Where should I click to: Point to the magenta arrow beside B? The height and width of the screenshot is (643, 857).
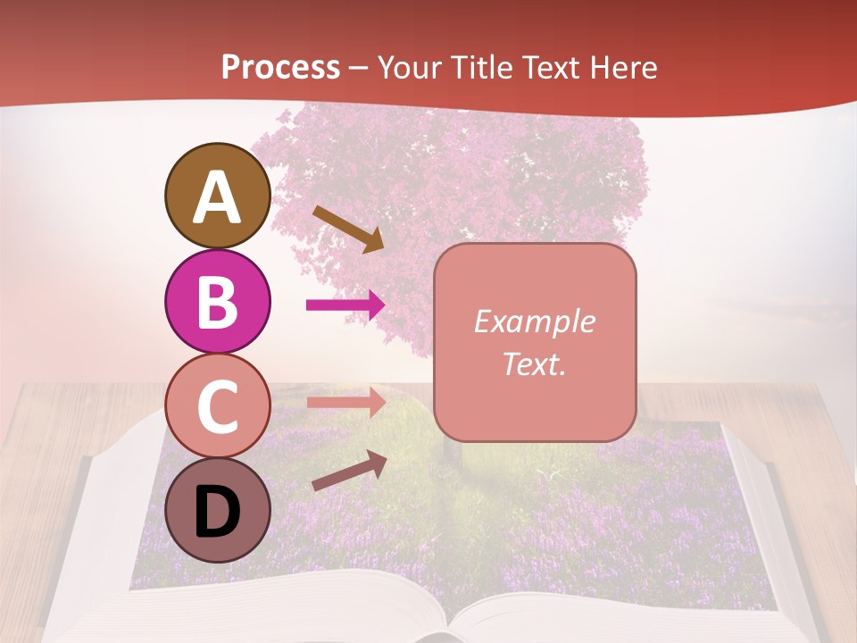(345, 305)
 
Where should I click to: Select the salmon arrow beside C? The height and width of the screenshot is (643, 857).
(345, 402)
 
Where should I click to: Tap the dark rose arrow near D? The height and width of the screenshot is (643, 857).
(349, 471)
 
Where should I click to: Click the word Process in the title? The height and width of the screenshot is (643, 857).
(280, 68)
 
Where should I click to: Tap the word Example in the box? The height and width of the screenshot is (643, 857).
(534, 321)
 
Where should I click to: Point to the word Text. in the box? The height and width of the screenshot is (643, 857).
(534, 363)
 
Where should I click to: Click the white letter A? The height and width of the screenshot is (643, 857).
(218, 197)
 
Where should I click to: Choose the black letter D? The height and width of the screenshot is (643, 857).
(218, 512)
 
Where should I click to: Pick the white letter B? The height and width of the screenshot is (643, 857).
(218, 302)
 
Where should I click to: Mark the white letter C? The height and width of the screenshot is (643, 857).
(218, 407)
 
